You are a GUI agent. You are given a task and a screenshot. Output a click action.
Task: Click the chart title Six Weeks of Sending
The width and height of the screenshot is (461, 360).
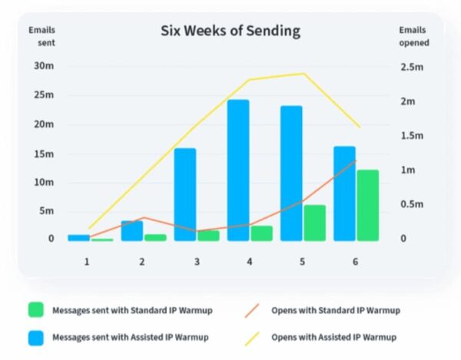(230, 31)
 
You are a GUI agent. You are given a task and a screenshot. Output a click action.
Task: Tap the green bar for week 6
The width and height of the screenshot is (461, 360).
(367, 205)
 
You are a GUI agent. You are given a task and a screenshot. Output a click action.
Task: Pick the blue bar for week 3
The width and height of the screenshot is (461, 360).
(185, 194)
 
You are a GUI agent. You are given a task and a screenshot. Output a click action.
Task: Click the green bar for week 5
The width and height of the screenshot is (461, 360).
(314, 223)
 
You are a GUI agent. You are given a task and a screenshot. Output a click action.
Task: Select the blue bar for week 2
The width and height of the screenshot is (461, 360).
(131, 230)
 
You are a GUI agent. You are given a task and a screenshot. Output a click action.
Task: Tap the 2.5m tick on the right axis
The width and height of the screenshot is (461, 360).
(413, 68)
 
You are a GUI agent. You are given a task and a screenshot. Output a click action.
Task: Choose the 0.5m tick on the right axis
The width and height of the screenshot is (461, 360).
(413, 204)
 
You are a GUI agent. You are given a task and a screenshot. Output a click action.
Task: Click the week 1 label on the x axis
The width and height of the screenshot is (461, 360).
(87, 262)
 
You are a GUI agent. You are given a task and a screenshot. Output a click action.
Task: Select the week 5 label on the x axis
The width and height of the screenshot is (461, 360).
(302, 262)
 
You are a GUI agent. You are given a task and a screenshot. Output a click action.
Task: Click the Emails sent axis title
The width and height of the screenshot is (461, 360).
(41, 36)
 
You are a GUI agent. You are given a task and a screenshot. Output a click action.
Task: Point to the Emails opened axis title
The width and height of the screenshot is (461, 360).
(413, 36)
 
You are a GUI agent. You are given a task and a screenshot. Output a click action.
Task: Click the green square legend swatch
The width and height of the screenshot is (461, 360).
(35, 311)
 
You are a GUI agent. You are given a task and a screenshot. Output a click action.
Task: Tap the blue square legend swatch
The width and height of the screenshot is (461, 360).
(35, 336)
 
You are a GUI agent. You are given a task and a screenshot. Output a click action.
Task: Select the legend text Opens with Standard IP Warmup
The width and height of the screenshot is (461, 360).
(335, 311)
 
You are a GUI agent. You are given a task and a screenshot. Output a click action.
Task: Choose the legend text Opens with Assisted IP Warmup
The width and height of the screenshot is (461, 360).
(334, 336)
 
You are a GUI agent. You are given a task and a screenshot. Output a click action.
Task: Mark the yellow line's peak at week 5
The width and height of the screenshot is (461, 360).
(303, 74)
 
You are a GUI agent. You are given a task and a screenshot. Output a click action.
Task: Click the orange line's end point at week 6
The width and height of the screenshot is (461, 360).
(356, 161)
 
